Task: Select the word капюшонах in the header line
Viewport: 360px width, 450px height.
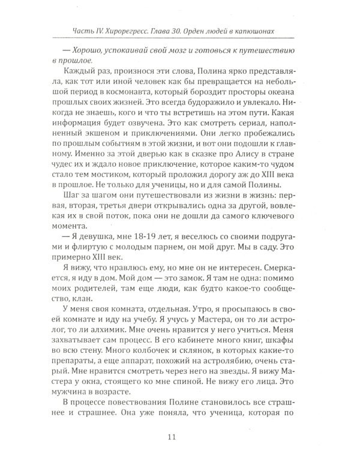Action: [x=271, y=31]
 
